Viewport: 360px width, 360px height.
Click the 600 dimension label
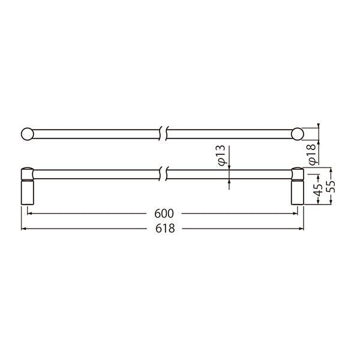click(164, 214)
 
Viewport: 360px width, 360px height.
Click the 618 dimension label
click(165, 229)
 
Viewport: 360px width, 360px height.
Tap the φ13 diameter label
click(221, 155)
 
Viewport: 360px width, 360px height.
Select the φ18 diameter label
click(313, 154)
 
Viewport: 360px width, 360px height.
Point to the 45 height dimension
click(319, 190)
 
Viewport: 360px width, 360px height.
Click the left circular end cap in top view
click(28, 134)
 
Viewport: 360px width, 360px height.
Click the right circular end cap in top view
click(298, 134)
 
